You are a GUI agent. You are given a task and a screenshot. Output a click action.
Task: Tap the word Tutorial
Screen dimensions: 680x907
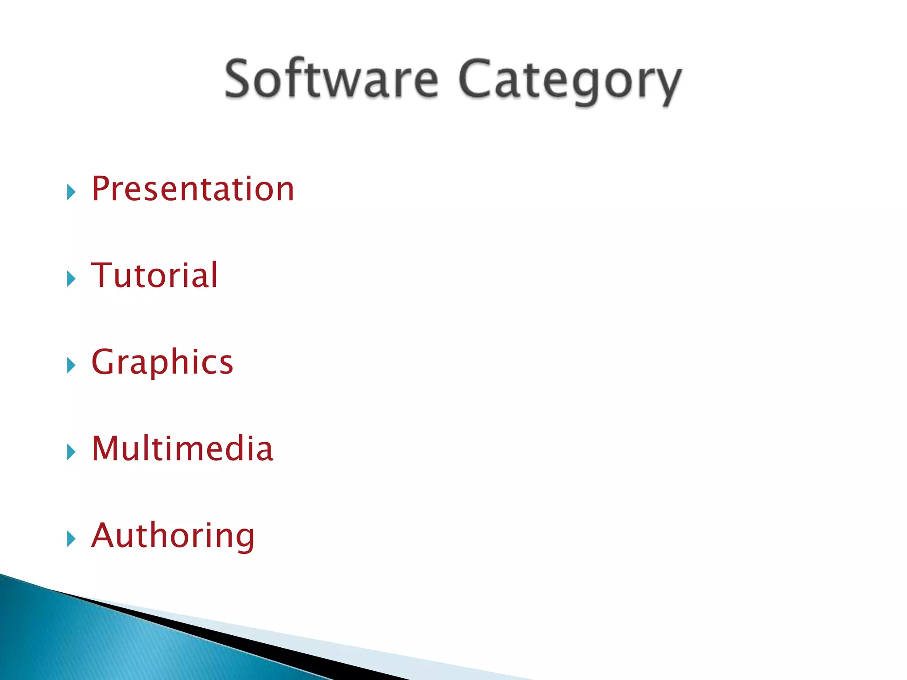click(155, 275)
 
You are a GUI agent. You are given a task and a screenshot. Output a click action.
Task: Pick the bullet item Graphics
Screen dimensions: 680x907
click(162, 362)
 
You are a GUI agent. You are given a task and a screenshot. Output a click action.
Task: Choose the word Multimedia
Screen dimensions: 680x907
click(182, 448)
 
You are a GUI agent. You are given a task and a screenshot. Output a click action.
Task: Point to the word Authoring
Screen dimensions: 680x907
click(173, 536)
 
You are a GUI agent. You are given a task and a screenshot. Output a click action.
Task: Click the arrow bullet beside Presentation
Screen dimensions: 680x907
click(71, 192)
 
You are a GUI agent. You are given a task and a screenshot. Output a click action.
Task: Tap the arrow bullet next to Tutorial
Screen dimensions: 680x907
click(71, 279)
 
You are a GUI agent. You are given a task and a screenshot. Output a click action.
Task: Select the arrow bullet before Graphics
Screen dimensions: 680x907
click(71, 366)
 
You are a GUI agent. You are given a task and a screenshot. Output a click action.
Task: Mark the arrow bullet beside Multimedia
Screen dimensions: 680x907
click(71, 452)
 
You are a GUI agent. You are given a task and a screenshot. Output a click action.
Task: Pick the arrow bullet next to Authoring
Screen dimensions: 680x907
click(71, 539)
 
